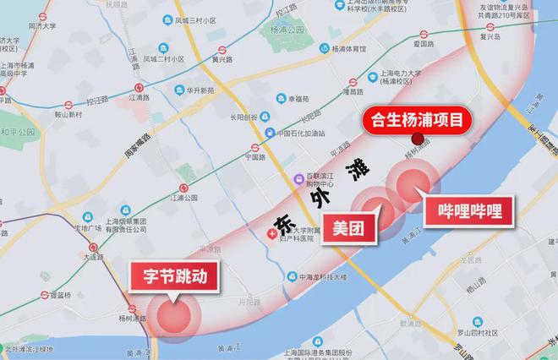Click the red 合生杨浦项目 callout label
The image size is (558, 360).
click(416, 120)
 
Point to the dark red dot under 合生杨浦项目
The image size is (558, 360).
click(417, 139)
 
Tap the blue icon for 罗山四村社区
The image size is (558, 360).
click(478, 322)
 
